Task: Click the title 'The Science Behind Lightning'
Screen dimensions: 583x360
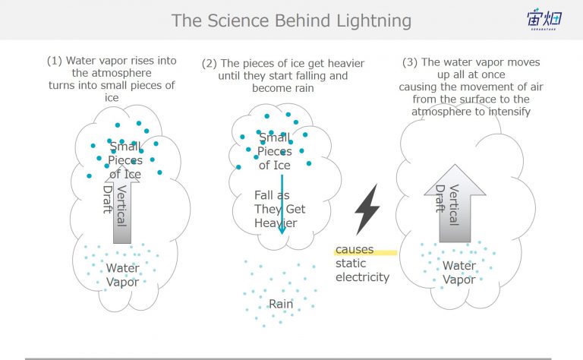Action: point(291,21)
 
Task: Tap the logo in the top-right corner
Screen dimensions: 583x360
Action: point(544,19)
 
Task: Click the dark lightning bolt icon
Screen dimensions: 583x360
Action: point(367,210)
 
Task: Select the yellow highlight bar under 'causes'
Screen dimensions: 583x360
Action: point(365,253)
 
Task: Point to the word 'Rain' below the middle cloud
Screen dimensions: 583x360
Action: point(281,304)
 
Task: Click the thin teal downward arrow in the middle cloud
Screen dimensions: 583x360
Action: point(282,204)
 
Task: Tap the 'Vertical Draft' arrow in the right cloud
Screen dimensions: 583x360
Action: point(455,204)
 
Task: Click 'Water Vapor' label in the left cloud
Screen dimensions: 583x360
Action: point(122,275)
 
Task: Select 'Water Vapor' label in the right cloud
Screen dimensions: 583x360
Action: point(459,273)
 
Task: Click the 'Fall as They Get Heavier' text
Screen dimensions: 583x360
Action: point(279,209)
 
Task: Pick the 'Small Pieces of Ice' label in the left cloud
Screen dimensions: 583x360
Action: point(125,160)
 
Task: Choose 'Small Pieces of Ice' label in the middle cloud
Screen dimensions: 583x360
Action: point(274,151)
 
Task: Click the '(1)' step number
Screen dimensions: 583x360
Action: point(55,61)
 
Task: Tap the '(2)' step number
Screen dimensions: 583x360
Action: point(210,63)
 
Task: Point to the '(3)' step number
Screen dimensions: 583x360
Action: point(410,62)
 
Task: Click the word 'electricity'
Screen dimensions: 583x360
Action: point(362,277)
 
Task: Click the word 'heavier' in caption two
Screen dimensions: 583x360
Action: point(343,63)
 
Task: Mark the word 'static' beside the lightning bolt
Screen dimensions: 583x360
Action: point(351,264)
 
